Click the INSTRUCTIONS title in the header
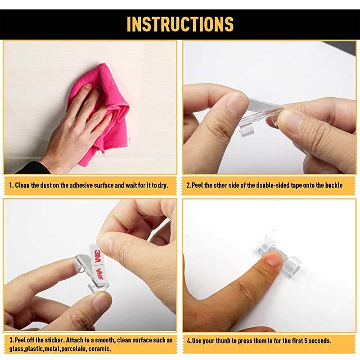click(x=180, y=24)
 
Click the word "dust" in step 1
click(x=46, y=185)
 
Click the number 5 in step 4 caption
click(x=306, y=341)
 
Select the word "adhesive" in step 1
click(x=80, y=185)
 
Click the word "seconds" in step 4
click(x=320, y=341)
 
